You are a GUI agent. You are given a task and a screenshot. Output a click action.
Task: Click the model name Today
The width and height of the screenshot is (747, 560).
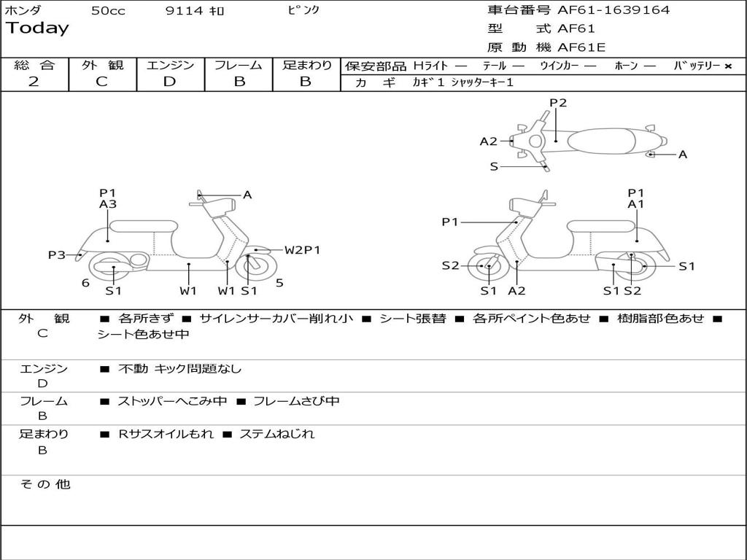37,28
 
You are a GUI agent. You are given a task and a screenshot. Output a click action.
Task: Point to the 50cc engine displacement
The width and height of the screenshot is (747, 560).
108,11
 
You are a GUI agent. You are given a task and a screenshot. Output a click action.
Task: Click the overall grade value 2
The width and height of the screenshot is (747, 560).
34,82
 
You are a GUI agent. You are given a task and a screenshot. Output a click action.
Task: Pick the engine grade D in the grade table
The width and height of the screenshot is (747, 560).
169,82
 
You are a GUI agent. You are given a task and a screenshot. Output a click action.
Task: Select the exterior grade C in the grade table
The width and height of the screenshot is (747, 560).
102,82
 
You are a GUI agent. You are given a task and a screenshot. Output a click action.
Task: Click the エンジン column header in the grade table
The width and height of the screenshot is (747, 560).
170,65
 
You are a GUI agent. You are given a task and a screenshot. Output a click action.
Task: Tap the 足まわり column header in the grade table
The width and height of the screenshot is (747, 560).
307,65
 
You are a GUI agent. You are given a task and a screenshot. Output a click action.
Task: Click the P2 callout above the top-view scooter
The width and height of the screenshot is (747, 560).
558,103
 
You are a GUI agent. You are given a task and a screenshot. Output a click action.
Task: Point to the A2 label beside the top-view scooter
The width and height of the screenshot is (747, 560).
488,141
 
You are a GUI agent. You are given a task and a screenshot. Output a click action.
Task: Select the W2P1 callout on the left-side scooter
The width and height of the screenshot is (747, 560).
302,250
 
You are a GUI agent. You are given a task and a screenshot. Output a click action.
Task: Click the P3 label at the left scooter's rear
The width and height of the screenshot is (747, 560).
57,254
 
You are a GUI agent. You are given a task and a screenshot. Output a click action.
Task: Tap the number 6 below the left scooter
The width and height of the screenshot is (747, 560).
85,282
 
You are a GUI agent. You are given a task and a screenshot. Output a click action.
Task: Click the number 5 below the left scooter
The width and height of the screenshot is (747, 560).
279,282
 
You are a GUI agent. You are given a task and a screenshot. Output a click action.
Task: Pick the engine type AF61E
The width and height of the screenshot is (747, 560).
581,47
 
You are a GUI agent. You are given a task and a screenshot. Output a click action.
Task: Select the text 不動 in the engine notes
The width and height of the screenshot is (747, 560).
132,369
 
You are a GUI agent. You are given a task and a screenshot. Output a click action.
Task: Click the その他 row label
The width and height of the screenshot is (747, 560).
44,484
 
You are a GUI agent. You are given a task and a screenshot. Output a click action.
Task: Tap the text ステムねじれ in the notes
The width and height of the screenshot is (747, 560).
277,434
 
